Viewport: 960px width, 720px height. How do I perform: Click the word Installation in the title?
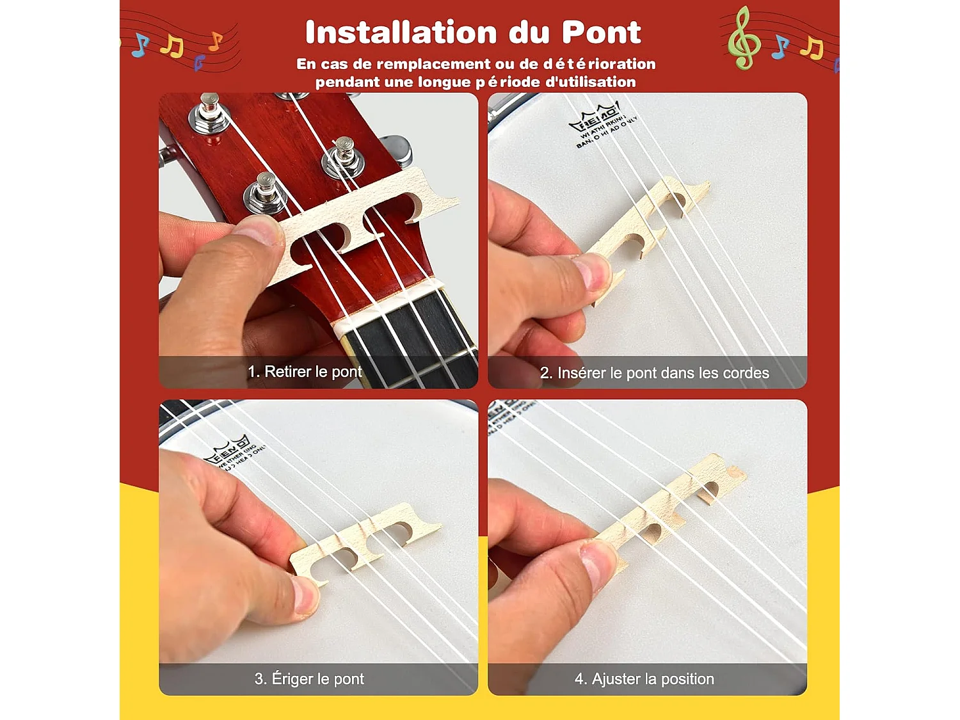[x=401, y=33]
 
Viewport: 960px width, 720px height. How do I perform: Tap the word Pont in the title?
[x=601, y=33]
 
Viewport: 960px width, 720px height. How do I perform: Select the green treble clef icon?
[x=743, y=38]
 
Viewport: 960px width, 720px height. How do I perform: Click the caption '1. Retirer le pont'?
[x=305, y=372]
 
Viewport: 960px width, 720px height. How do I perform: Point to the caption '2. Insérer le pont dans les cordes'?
[x=654, y=373]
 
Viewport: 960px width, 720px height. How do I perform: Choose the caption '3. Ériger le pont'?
[x=309, y=679]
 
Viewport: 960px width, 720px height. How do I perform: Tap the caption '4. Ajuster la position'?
[x=644, y=679]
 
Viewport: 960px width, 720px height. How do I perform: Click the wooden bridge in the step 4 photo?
[x=672, y=506]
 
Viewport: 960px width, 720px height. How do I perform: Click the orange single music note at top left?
[x=216, y=42]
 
